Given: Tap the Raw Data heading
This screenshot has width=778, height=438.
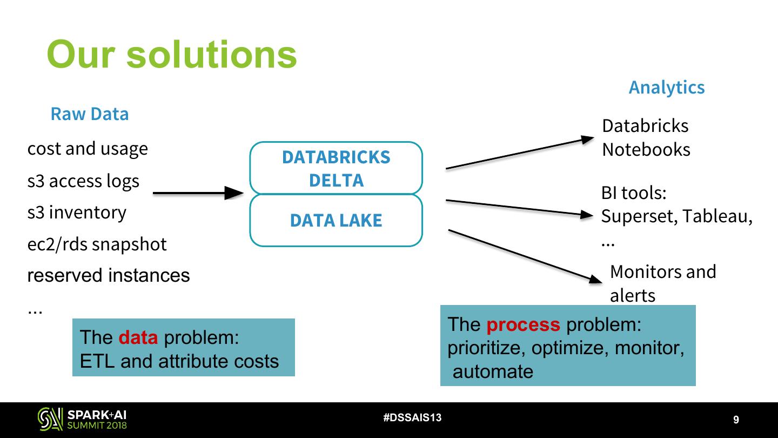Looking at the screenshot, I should [90, 114].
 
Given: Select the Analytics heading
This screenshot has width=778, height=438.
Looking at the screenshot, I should [666, 87].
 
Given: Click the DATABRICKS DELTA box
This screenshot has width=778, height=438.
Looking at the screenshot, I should [336, 168].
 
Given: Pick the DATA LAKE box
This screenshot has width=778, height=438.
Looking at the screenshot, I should [336, 220].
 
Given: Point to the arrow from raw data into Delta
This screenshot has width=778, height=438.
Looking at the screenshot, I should [198, 193].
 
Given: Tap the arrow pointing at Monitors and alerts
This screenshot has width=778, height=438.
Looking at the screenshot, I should [524, 255].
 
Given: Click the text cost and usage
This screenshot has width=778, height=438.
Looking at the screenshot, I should [88, 148].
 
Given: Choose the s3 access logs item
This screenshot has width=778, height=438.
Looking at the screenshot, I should [83, 181].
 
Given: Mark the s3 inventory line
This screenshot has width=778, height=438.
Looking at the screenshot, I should [77, 213].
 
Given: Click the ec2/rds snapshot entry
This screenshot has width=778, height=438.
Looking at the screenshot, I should [97, 244].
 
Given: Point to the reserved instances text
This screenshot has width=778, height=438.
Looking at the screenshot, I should [109, 275].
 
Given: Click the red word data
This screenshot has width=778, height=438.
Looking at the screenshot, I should [138, 337].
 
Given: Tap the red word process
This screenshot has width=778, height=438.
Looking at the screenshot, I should [523, 324].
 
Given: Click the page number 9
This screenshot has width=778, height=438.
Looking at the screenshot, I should [736, 420].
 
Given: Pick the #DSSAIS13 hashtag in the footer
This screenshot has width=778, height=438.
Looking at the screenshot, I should [412, 417].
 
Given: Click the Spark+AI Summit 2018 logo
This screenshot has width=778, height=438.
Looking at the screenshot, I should [83, 419].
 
